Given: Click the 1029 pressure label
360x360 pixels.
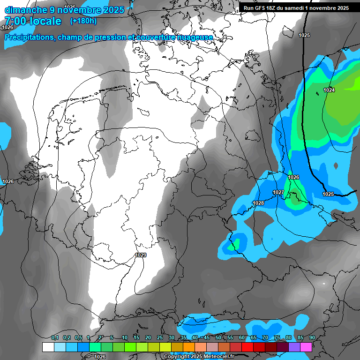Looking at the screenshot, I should click(141, 255).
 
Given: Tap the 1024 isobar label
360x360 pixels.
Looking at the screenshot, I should click(329, 90).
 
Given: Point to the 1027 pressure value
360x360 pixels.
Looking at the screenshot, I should click(278, 193).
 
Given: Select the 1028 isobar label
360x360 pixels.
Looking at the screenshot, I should click(258, 203).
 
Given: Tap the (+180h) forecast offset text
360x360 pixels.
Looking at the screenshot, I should click(83, 21).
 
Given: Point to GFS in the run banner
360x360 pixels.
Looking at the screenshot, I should click(262, 8).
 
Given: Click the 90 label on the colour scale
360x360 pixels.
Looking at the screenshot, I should click(312, 337).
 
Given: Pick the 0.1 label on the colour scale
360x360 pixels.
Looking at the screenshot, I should click(55, 337).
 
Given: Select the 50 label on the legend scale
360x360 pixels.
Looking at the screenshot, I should click(218, 337).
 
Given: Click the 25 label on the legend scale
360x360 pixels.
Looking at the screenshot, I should click(160, 337).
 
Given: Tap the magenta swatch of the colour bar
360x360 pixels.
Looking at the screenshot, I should click(306, 347).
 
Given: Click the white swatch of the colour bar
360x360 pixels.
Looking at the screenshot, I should click(48, 347).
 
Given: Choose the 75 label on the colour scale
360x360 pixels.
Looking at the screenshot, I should click(277, 337).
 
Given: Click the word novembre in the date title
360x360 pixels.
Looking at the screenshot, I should click(86, 10).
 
